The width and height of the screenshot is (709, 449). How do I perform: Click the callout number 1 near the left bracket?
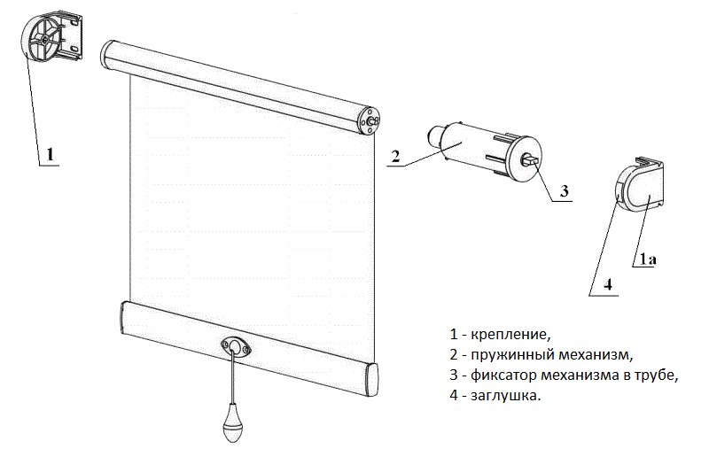(x=51, y=154)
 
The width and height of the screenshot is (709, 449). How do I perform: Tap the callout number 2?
(x=396, y=157)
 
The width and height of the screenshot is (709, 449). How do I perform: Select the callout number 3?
(x=562, y=190)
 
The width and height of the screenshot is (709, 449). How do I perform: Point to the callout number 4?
(x=608, y=284)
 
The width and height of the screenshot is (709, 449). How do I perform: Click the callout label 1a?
(x=645, y=259)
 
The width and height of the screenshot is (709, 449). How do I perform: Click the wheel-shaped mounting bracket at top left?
(x=47, y=42)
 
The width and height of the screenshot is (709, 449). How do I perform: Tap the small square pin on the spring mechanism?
(x=531, y=160)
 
